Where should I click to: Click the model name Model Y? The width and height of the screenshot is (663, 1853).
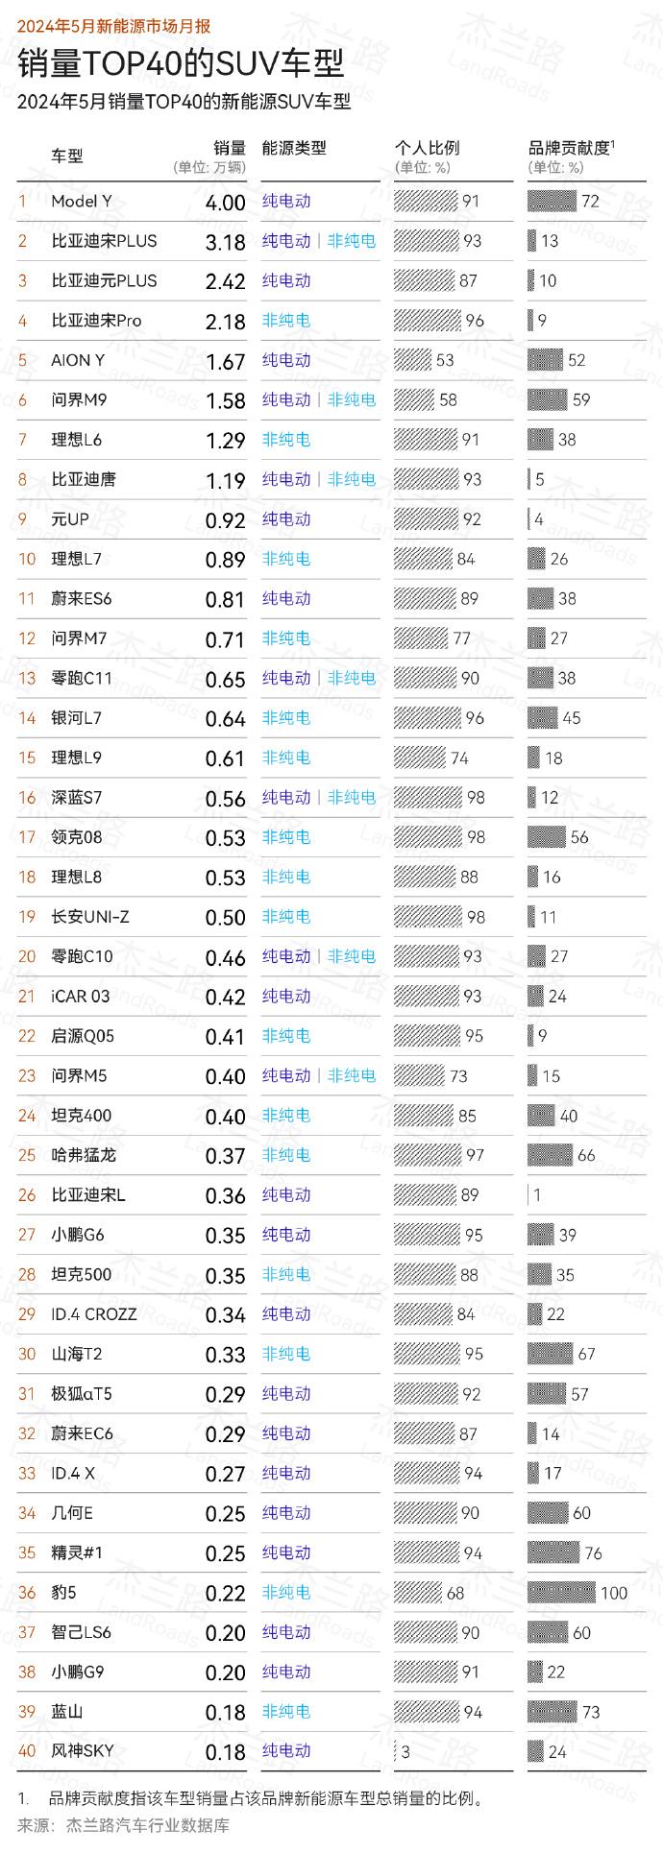82,202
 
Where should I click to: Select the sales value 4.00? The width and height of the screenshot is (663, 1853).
226,203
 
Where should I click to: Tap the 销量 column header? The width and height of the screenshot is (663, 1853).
230,148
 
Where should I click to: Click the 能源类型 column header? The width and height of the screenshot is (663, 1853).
294,148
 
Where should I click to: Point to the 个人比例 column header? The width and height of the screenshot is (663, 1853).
427,148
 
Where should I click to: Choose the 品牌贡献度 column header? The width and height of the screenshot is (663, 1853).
570,148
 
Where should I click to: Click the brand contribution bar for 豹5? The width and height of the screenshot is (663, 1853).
561,1593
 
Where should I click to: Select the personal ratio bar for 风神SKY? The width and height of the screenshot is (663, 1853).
396,1752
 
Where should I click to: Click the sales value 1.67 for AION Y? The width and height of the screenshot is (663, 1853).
226,362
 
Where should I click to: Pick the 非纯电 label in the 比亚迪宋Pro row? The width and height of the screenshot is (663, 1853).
286,321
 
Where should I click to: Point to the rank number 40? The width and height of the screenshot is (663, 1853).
27,1751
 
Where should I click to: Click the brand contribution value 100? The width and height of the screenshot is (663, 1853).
614,1594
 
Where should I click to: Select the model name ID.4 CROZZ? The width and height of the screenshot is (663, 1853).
94,1314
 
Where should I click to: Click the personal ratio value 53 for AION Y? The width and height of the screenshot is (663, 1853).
445,361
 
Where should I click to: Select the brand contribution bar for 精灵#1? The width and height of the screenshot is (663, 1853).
553,1553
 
